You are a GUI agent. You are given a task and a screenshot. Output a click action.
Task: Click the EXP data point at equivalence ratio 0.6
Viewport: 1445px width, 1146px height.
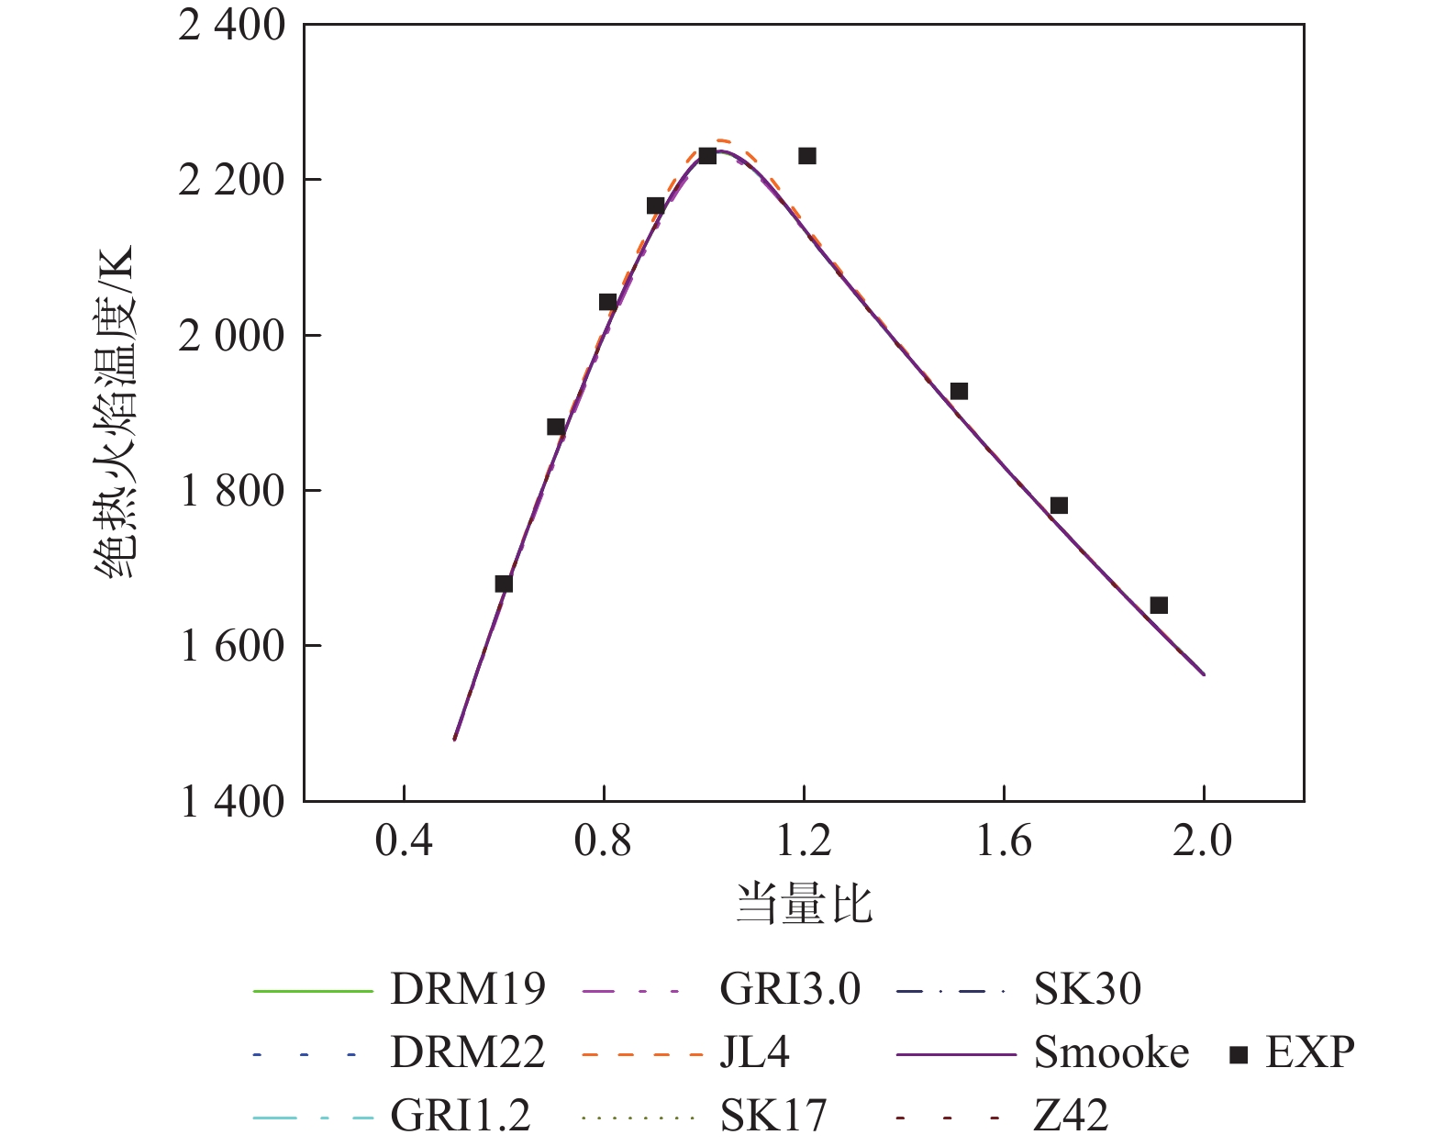tap(504, 584)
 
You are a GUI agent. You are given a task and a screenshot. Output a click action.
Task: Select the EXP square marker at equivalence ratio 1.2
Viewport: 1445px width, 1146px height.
tap(807, 156)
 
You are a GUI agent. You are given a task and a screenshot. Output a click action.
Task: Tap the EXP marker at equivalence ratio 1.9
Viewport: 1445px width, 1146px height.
tap(1159, 606)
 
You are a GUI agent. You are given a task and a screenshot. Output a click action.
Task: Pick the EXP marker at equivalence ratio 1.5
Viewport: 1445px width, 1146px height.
tap(959, 392)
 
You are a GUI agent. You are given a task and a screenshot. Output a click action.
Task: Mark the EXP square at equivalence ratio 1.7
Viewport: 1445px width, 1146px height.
tap(1059, 506)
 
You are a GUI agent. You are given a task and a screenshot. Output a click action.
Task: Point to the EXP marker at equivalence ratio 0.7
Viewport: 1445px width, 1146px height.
tap(555, 427)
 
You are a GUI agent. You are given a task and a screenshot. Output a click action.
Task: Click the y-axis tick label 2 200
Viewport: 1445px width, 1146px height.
tap(232, 181)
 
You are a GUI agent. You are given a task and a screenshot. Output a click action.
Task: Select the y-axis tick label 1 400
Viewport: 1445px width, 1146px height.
tap(232, 802)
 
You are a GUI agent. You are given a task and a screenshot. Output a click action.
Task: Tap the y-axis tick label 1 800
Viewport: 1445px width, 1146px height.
tap(232, 491)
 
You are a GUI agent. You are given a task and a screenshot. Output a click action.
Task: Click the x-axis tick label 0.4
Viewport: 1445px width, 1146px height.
tap(404, 840)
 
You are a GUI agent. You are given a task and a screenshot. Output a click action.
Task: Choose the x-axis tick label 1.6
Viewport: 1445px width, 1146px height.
tap(1004, 840)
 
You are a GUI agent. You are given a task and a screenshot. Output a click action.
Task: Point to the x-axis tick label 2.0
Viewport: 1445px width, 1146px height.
tap(1203, 840)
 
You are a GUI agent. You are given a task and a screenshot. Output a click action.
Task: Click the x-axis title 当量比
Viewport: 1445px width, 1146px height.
tap(804, 904)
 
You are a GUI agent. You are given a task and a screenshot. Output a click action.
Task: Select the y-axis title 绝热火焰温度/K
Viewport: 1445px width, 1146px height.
tap(116, 412)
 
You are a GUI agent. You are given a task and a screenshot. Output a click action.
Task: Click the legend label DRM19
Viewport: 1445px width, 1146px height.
tap(467, 989)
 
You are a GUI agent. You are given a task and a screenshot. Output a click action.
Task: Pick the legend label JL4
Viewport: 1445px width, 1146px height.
tap(754, 1052)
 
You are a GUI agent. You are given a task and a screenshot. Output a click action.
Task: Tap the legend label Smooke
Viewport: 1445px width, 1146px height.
tap(1111, 1052)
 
